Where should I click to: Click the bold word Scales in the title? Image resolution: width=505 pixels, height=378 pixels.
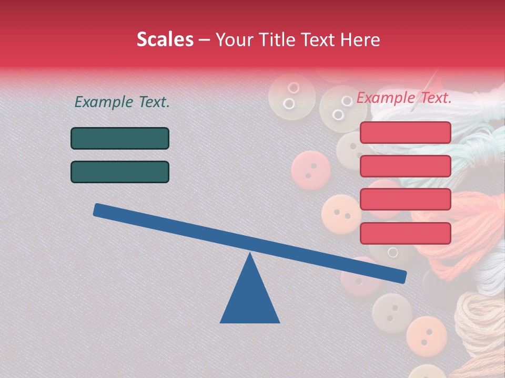click(165, 39)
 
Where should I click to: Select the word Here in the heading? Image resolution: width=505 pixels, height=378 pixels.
click(361, 39)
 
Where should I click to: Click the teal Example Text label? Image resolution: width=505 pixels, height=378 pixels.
click(122, 102)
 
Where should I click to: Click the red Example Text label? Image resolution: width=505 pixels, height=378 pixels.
click(404, 98)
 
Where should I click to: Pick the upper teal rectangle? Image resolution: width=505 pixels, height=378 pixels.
click(120, 139)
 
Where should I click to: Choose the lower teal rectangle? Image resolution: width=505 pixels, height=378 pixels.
click(120, 172)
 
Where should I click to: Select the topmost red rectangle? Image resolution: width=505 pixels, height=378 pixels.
click(405, 132)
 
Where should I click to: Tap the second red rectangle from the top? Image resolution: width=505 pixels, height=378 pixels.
click(405, 166)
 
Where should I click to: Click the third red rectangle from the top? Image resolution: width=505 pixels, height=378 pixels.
click(405, 199)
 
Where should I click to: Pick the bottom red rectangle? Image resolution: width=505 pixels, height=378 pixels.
click(405, 233)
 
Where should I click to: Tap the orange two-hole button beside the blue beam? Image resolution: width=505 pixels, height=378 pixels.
click(341, 214)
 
